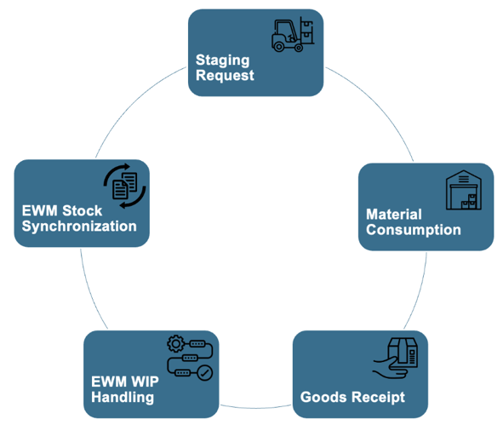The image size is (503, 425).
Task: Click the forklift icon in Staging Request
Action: coord(292,34)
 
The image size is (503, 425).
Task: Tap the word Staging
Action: coord(223,60)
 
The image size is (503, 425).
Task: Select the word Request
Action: coord(225,76)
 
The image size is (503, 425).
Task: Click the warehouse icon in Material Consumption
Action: coord(464,190)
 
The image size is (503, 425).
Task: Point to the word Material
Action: coord(394,215)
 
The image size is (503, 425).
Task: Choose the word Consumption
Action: coord(414,230)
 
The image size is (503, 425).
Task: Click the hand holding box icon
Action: coord(395,358)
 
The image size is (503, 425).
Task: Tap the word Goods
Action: coord(323,397)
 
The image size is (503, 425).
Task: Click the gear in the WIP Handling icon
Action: coord(176,344)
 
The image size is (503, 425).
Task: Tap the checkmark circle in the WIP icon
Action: coord(204,373)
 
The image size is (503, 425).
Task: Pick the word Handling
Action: coord(123,397)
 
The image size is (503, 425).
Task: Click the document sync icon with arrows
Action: coord(125,186)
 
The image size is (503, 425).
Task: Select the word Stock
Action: coord(82,211)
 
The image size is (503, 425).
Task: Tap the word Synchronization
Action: coord(79,227)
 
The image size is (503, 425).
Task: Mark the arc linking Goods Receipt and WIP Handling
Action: coord(256,408)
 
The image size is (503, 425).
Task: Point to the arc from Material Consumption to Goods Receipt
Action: coord(420,293)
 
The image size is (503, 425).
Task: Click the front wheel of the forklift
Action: coord(299,49)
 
